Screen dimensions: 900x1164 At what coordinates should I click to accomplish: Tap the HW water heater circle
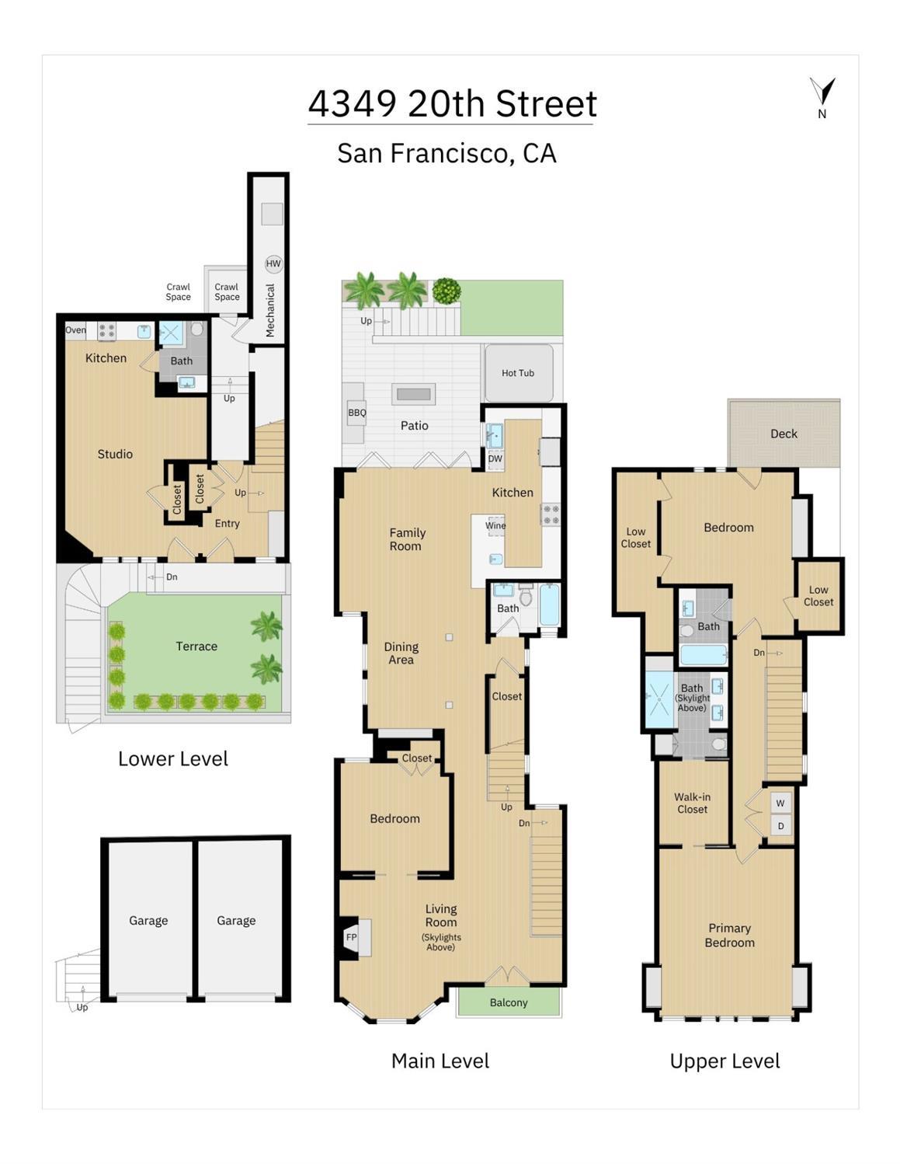(x=273, y=263)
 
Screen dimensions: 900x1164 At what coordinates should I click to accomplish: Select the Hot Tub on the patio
(x=517, y=373)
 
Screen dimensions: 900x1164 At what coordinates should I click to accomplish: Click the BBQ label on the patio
(x=357, y=413)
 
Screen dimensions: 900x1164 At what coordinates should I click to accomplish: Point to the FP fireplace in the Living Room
(x=352, y=937)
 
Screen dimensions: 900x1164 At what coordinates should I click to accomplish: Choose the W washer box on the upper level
(x=780, y=803)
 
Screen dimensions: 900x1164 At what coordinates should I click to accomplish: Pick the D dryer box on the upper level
(x=780, y=825)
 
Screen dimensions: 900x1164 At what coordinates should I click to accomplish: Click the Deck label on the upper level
(x=784, y=434)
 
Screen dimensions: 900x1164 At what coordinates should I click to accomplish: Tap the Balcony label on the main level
(x=509, y=1002)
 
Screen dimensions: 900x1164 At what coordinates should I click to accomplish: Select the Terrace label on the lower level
(x=196, y=646)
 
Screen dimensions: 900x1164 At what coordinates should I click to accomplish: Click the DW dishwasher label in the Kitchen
(x=495, y=458)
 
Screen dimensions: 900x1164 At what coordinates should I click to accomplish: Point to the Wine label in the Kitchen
(x=495, y=525)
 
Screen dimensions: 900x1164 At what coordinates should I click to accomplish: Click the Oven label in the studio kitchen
(x=75, y=330)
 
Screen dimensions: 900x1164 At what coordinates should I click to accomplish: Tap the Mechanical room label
(x=269, y=310)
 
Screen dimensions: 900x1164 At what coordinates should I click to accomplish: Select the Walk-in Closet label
(x=692, y=803)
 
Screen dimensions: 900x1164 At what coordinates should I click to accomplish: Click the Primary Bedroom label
(x=729, y=935)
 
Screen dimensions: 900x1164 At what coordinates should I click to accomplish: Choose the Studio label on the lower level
(x=115, y=454)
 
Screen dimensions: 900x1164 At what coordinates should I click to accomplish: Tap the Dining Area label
(x=401, y=653)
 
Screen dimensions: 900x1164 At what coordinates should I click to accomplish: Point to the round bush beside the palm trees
(x=447, y=291)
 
